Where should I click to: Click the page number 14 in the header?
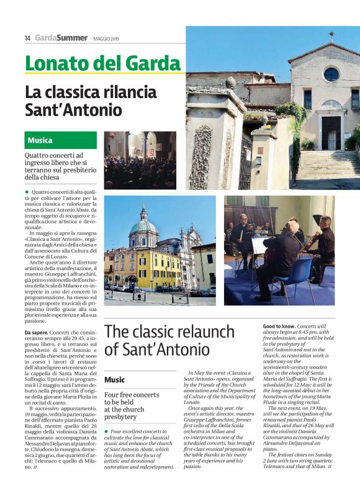coord(27,38)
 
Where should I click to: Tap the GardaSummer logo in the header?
coord(61,38)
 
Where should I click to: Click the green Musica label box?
coord(61,140)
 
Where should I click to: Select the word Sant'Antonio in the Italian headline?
coord(73,110)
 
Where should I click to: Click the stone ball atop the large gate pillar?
coord(231,82)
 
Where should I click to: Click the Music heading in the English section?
coord(115,379)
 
